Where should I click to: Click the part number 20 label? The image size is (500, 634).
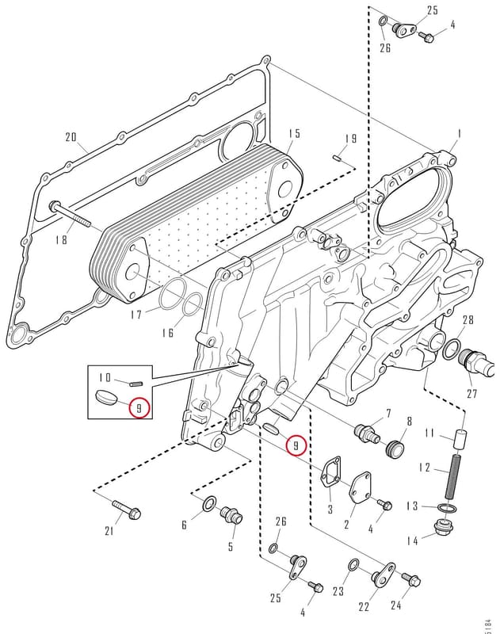pyautogui.click(x=71, y=137)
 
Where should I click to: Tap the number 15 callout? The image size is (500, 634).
pyautogui.click(x=295, y=133)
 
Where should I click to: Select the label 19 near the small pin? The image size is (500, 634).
pyautogui.click(x=351, y=139)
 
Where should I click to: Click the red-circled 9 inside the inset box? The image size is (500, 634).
pyautogui.click(x=139, y=408)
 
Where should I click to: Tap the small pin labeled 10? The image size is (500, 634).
pyautogui.click(x=135, y=384)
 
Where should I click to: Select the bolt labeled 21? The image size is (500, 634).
pyautogui.click(x=127, y=510)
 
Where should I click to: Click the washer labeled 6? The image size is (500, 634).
pyautogui.click(x=209, y=504)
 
